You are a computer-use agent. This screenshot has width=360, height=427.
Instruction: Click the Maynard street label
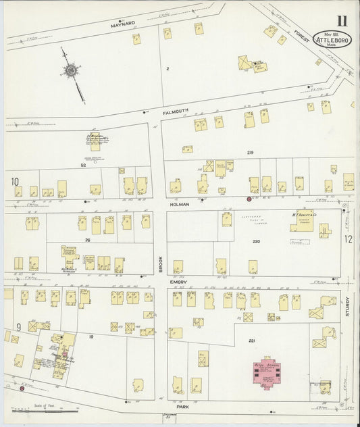point(124,24)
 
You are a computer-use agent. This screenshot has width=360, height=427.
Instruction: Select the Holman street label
point(180,203)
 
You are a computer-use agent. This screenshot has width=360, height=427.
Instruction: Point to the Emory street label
point(178,280)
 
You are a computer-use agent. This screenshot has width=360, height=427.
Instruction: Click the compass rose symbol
point(70,70)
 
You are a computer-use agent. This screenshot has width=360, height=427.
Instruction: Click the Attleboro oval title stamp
point(332,40)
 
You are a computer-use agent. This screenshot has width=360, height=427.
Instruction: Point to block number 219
point(250,153)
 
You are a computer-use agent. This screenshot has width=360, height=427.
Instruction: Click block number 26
point(87,240)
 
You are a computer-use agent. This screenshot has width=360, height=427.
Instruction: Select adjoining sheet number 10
point(14,181)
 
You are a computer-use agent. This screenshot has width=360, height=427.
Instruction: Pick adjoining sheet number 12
point(349,238)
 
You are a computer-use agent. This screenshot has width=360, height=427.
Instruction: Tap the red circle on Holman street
point(249,199)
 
